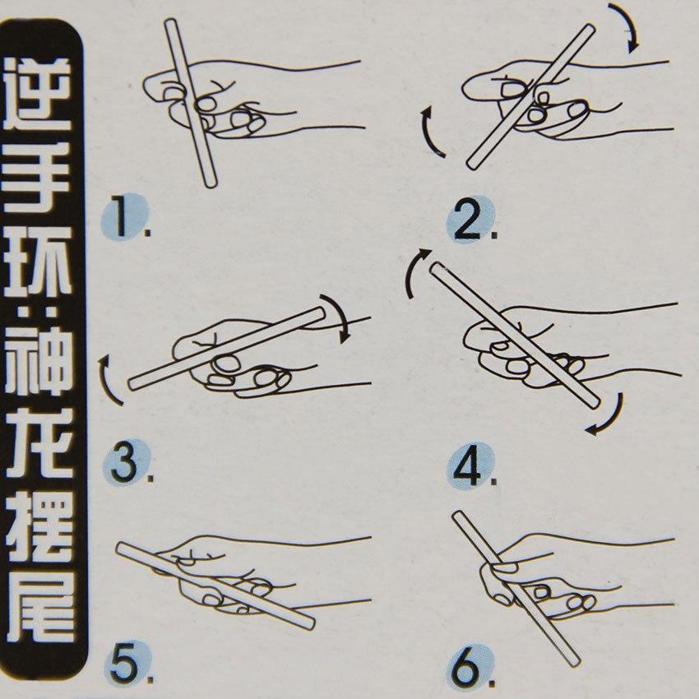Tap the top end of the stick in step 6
tap(458, 516)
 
